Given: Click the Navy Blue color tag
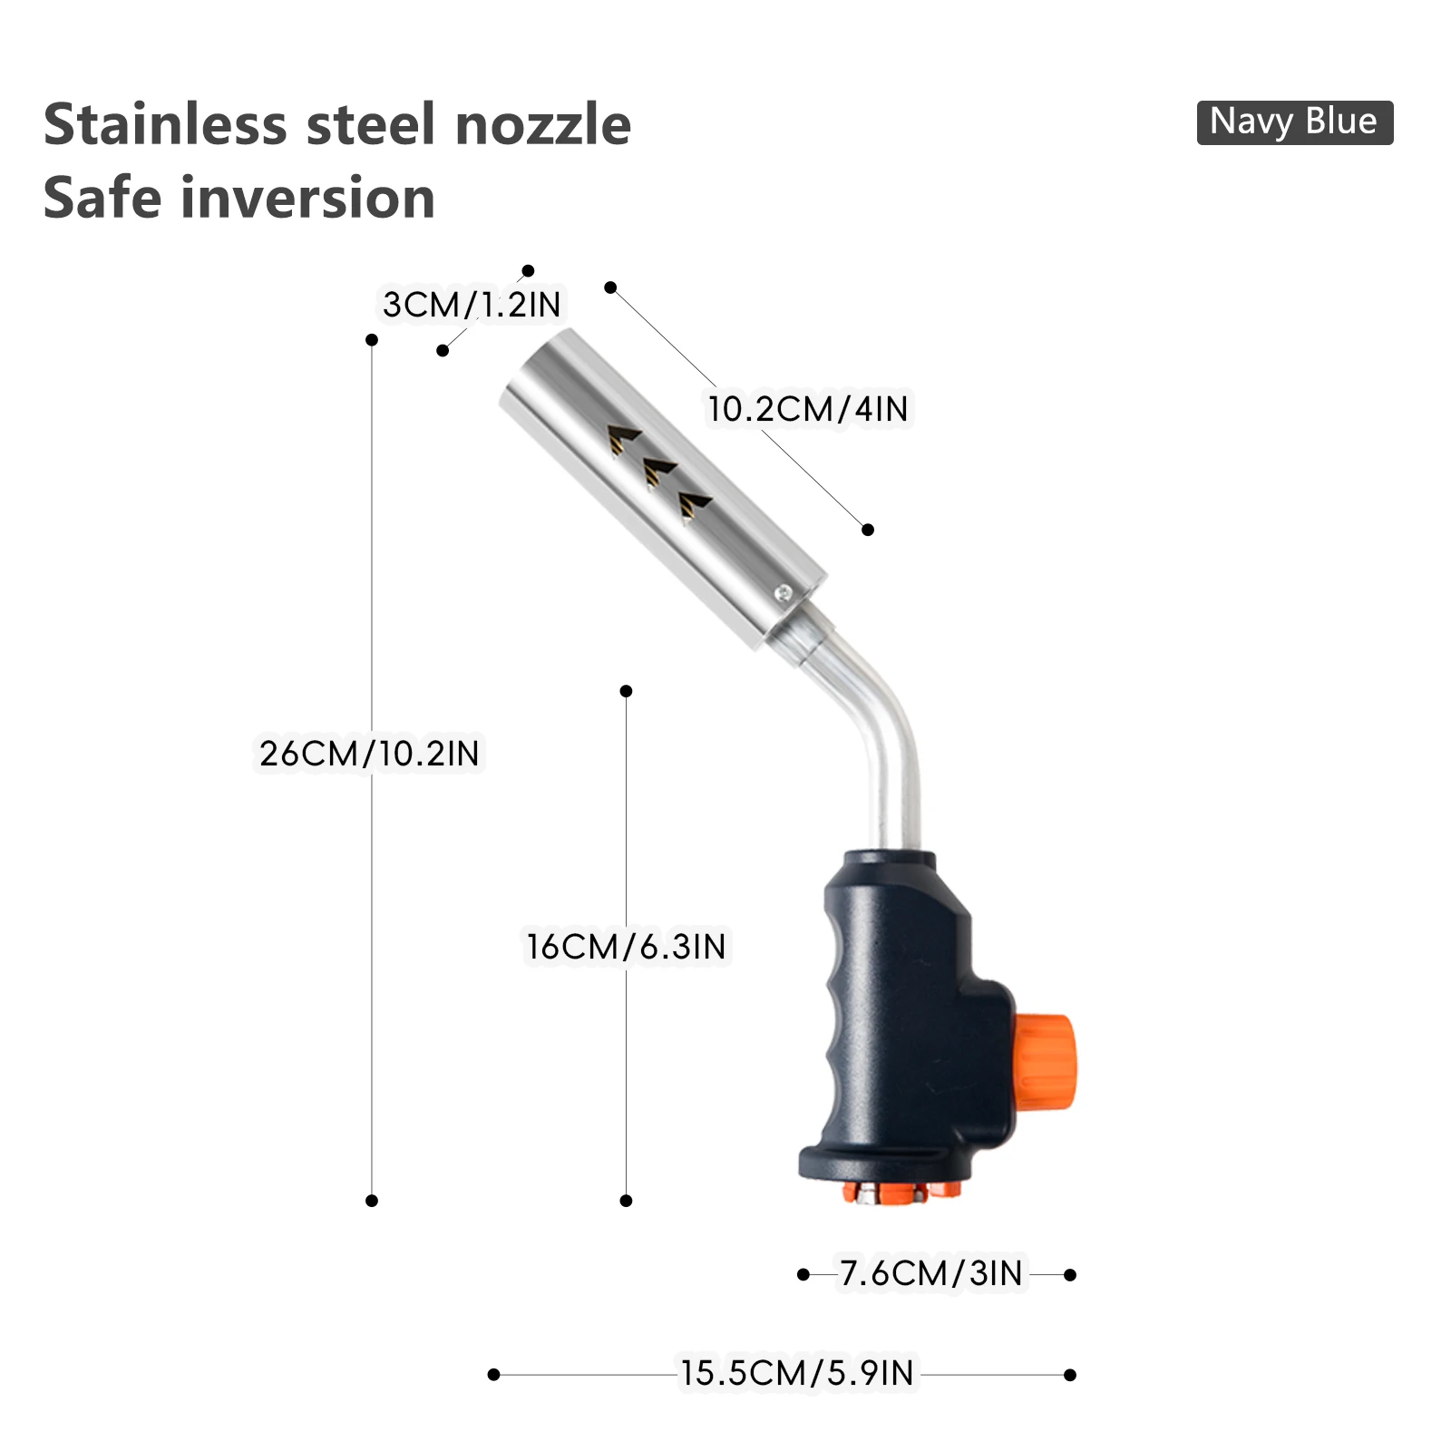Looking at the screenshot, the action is click(x=1294, y=122).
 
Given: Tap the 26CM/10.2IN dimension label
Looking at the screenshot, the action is click(x=369, y=754).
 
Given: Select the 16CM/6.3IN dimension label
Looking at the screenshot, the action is click(x=627, y=947).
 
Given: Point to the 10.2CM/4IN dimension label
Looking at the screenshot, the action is click(x=808, y=409).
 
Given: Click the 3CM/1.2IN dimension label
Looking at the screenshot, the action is click(x=472, y=305).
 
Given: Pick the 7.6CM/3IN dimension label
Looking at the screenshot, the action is click(x=931, y=1273).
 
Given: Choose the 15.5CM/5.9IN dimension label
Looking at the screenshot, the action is click(x=797, y=1373).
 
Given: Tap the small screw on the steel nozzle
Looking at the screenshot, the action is click(x=782, y=593).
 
